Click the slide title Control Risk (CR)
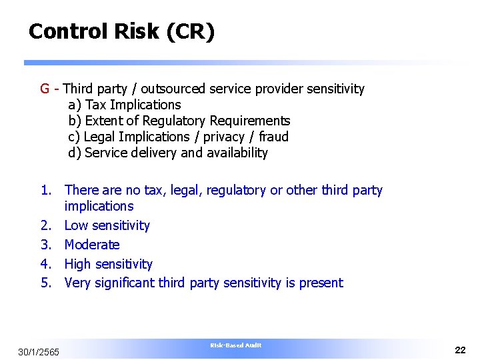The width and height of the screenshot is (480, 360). [121, 31]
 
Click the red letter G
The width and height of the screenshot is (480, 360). [45, 89]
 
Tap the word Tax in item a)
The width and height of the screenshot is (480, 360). [96, 105]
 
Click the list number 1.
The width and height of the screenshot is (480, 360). [45, 191]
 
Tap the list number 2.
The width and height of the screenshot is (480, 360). [45, 225]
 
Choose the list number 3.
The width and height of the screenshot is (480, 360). [45, 245]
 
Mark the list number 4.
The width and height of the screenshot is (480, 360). [45, 264]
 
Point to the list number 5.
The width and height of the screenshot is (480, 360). [45, 283]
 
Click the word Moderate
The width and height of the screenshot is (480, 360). [92, 245]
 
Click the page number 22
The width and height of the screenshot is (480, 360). [460, 350]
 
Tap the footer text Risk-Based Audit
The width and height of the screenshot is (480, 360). [236, 345]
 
